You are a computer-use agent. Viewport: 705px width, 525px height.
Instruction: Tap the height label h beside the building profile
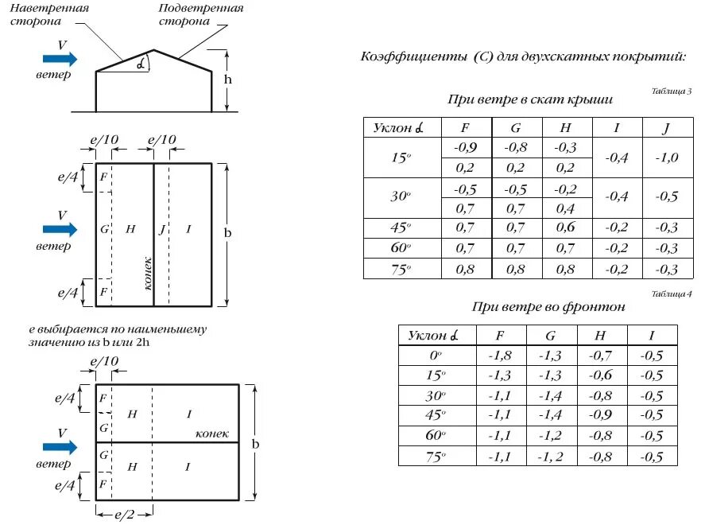click(x=228, y=80)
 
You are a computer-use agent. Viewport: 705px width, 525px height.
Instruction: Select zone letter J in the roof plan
click(x=161, y=229)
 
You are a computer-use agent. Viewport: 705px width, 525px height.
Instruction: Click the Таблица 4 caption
click(x=671, y=294)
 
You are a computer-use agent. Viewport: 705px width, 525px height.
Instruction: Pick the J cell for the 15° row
click(x=667, y=157)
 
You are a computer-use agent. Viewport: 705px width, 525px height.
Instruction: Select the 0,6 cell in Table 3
click(x=565, y=227)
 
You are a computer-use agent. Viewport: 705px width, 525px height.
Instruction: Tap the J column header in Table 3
click(x=667, y=127)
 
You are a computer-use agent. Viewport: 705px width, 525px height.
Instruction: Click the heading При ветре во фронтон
click(x=548, y=306)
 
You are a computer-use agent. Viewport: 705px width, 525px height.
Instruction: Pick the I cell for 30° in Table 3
click(x=617, y=197)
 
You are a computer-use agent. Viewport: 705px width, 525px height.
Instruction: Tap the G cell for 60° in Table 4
click(x=550, y=435)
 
